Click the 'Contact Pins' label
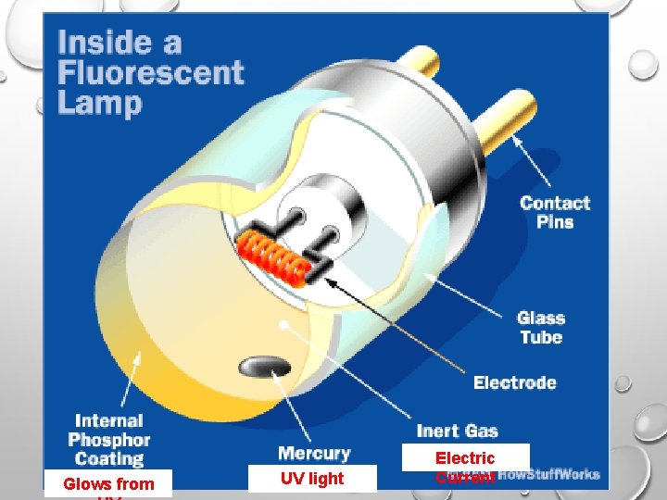click(555, 212)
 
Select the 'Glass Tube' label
click(541, 328)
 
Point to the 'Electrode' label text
click(514, 382)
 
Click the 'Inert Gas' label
click(457, 431)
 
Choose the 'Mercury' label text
click(314, 453)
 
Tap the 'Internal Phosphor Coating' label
click(109, 440)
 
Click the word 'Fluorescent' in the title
click(150, 72)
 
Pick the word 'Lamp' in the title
click(100, 102)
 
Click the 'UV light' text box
click(311, 478)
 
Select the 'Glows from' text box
click(108, 483)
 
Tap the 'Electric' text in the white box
click(465, 457)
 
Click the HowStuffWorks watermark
click(550, 476)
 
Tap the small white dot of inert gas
click(282, 325)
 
